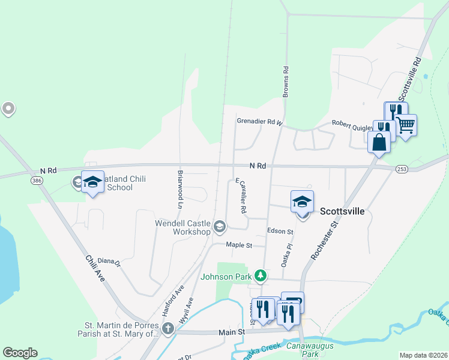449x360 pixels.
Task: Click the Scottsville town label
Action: (343, 211)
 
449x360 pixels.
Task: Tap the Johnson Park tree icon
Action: (260, 276)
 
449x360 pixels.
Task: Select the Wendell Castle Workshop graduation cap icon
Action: (220, 226)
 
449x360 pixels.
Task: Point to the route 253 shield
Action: (402, 170)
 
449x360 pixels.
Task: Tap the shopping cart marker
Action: (406, 125)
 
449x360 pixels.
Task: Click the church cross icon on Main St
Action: (168, 328)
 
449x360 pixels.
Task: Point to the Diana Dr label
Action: (109, 262)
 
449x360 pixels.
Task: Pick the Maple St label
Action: (238, 245)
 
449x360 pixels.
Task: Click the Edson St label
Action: (280, 231)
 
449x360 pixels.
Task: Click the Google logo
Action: (20, 353)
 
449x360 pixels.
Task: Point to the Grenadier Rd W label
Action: (259, 122)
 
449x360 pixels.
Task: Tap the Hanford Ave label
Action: (172, 299)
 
